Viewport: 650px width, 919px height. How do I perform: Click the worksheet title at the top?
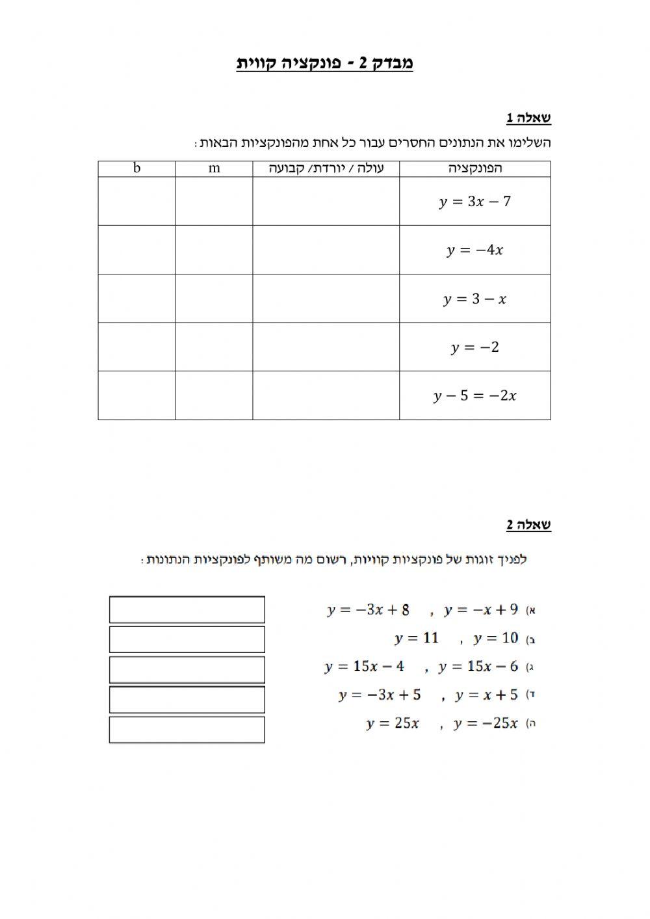(324, 63)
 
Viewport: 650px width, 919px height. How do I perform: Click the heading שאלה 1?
(528, 118)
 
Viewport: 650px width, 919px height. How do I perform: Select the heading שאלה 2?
(528, 524)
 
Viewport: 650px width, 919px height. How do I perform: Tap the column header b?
(136, 168)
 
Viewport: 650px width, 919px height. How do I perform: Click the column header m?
(214, 168)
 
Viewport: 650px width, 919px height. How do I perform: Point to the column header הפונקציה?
(475, 168)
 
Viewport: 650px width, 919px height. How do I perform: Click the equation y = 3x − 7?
(475, 202)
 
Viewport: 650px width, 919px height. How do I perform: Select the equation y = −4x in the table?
(475, 250)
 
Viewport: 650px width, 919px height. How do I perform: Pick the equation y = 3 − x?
(475, 299)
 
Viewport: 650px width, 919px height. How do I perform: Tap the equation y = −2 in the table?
(475, 347)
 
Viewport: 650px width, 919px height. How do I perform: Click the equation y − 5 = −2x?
(475, 395)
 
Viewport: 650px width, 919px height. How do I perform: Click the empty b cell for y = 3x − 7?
(136, 202)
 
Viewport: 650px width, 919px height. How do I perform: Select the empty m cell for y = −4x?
(214, 250)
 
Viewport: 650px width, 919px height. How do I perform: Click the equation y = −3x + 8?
(369, 610)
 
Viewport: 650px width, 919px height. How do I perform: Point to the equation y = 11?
(417, 638)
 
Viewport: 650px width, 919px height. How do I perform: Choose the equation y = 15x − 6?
(478, 667)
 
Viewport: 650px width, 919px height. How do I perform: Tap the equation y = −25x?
(486, 723)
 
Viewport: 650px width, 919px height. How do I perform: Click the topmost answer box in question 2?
(187, 610)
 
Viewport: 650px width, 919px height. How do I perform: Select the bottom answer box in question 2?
(187, 730)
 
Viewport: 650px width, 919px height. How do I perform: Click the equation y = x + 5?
(487, 695)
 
